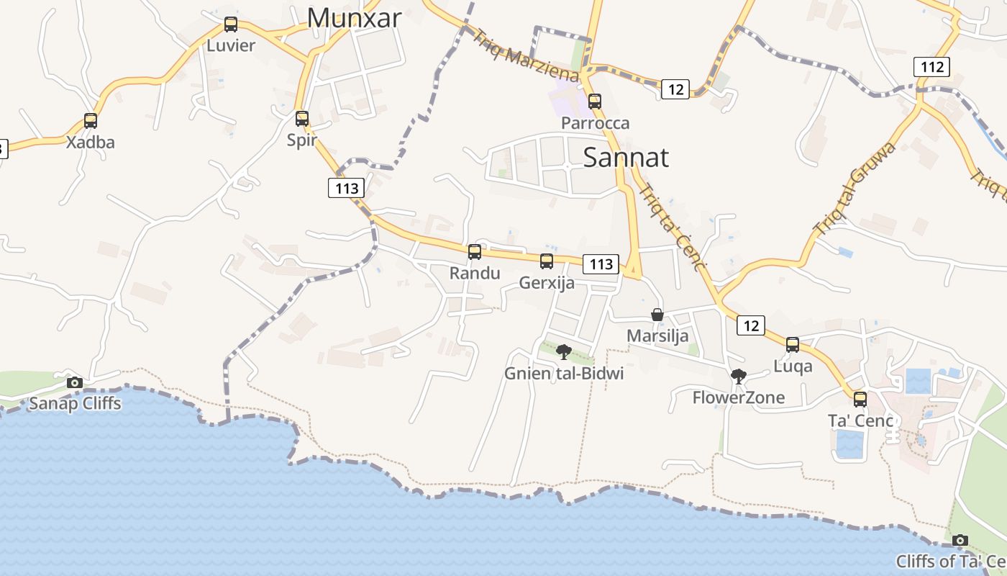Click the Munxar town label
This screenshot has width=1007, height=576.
pos(354,18)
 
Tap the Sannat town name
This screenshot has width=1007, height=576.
pos(626,157)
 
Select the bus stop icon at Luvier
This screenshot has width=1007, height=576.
pos(231,24)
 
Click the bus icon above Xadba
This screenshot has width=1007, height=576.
pos(91,121)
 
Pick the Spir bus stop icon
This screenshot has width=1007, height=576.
pos(302,119)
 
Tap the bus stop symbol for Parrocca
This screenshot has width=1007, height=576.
pos(595,102)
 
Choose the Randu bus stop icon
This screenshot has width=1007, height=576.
pos(475,252)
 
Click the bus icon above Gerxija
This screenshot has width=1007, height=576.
pos(547,261)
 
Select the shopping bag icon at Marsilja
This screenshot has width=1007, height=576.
pos(657,315)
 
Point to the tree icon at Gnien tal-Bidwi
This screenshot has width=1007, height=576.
pos(564,352)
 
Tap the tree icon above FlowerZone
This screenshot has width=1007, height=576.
pos(738,376)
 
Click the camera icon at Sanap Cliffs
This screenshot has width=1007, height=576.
pos(75,382)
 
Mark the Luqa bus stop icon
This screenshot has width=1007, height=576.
pos(793,345)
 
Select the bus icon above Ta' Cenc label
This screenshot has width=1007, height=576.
pos(860,400)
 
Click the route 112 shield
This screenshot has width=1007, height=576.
pos(932,68)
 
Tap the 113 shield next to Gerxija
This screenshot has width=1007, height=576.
pos(601,264)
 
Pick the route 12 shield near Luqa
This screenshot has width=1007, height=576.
pos(750,326)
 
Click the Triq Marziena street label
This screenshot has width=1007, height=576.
pos(524,55)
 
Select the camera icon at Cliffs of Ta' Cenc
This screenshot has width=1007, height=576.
pos(960,540)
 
